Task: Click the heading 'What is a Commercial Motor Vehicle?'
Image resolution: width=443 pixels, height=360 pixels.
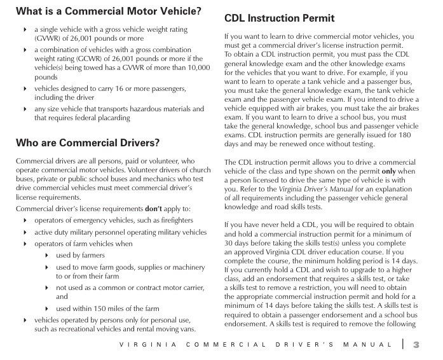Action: [x=108, y=11]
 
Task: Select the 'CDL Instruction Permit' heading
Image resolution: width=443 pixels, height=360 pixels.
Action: [x=279, y=18]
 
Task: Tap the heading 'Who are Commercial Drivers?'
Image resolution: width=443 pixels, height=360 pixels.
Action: [x=88, y=142]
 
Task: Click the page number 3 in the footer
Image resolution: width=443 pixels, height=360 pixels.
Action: [x=417, y=345]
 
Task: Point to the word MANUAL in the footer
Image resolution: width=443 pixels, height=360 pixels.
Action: [x=368, y=345]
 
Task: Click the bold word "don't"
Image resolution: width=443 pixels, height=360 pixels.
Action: [x=154, y=209]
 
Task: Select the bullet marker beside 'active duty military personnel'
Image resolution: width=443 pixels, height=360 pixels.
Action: [x=25, y=233]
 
